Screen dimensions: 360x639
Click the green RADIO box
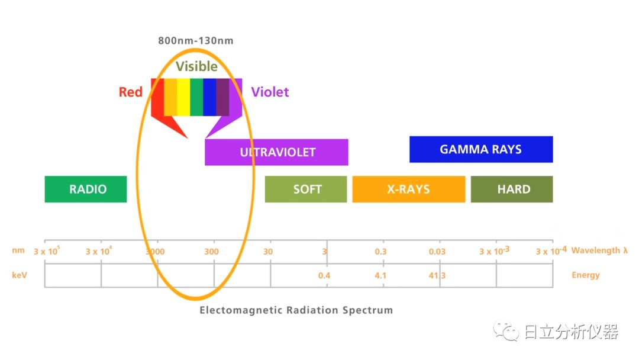coord(86,189)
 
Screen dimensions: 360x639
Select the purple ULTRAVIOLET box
coord(276,152)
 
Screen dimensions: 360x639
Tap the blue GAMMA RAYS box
coord(481,149)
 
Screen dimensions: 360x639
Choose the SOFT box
coord(306,189)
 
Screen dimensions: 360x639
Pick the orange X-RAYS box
coord(408,189)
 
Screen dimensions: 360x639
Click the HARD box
coord(512,189)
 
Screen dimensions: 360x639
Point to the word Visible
coord(196,66)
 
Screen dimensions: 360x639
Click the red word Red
coord(131,92)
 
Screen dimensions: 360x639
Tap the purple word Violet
coord(270,92)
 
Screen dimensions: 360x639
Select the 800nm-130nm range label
coord(196,41)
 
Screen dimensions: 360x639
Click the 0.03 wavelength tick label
coord(437,252)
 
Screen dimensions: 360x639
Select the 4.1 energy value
coord(380,275)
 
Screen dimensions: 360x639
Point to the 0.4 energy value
coord(324,275)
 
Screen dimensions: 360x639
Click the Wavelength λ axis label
coord(599,250)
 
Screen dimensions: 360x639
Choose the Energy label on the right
coord(586,275)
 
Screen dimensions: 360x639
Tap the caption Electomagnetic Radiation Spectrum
coord(296,310)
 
